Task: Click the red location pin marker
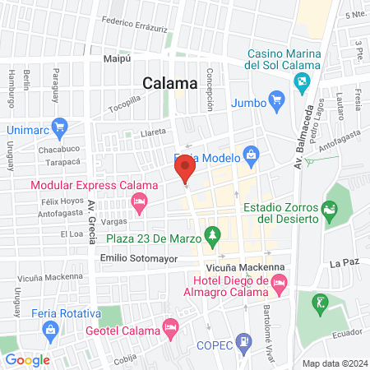point(185,171)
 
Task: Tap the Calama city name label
point(170,83)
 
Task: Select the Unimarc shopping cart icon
point(58,127)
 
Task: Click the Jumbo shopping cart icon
point(277,102)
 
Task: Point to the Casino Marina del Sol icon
point(302,81)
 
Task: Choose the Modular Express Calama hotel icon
point(140,201)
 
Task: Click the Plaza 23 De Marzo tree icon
point(212,237)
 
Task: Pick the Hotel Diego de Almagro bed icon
point(278,285)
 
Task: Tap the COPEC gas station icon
point(243,340)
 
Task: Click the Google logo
point(27,359)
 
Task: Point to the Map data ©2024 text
point(333,363)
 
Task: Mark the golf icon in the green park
point(318,304)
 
